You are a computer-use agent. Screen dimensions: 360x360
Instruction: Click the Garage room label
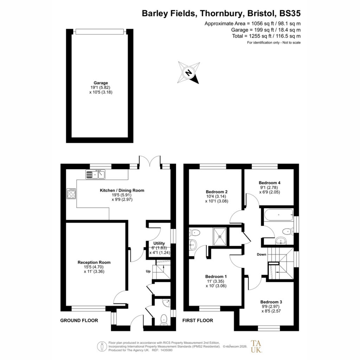(x=101, y=83)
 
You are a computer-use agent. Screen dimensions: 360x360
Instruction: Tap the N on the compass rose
(x=188, y=73)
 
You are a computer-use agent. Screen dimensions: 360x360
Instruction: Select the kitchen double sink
(x=95, y=174)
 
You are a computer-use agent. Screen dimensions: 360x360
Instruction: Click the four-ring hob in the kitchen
(x=71, y=194)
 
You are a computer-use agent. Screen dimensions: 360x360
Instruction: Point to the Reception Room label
(x=94, y=262)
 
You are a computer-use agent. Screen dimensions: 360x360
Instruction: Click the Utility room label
(x=159, y=243)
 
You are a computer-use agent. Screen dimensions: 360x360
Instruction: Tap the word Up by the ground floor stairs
(x=148, y=271)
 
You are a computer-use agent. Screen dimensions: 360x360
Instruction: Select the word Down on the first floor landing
(x=262, y=255)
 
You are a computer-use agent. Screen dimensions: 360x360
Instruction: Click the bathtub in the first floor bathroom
(x=279, y=215)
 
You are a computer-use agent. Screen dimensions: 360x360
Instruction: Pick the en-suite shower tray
(x=220, y=237)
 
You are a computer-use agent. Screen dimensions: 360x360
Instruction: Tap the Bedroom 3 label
(x=271, y=302)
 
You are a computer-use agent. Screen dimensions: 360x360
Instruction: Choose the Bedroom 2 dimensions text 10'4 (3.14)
(x=216, y=197)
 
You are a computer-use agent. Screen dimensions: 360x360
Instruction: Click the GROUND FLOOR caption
(x=79, y=320)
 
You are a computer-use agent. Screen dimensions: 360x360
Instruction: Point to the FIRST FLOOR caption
(x=198, y=320)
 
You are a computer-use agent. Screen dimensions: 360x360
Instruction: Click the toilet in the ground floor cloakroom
(x=164, y=320)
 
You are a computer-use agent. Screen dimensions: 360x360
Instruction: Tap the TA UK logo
(x=256, y=346)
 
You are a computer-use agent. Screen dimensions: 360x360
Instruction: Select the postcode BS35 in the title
(x=290, y=13)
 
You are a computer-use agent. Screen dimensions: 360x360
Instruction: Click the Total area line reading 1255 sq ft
(x=266, y=36)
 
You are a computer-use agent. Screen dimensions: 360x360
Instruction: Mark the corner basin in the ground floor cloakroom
(x=166, y=303)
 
